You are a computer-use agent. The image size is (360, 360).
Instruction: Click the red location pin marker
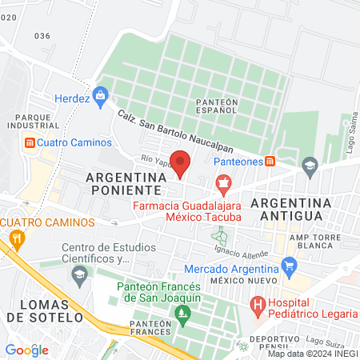point(181,162)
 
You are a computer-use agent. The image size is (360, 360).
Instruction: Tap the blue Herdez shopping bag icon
point(101,97)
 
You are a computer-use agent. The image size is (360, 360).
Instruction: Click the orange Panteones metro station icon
point(270,160)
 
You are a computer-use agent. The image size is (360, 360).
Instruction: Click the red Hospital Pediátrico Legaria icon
point(258,304)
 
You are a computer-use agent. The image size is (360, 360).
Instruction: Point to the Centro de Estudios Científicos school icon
point(78,276)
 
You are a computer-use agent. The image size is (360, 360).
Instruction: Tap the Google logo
point(26,350)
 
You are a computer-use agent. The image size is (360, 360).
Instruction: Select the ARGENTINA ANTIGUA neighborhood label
point(287,209)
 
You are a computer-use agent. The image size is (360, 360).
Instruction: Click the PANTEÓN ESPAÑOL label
point(216,106)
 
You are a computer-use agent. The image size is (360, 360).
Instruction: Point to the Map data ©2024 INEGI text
point(312,354)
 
